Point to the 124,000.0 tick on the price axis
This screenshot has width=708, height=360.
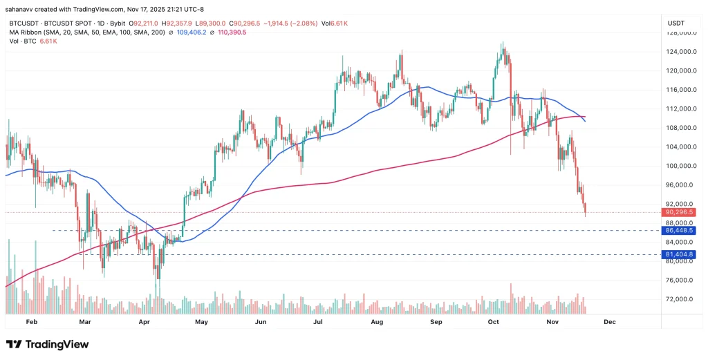680,52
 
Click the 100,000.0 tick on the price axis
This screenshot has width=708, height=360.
680,166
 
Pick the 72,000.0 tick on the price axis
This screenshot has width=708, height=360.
680,299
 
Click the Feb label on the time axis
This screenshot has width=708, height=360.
30,322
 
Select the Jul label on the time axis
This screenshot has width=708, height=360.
319,322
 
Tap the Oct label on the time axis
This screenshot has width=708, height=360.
493,322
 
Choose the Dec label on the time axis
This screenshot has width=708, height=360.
609,322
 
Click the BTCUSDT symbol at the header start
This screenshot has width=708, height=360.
23,23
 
